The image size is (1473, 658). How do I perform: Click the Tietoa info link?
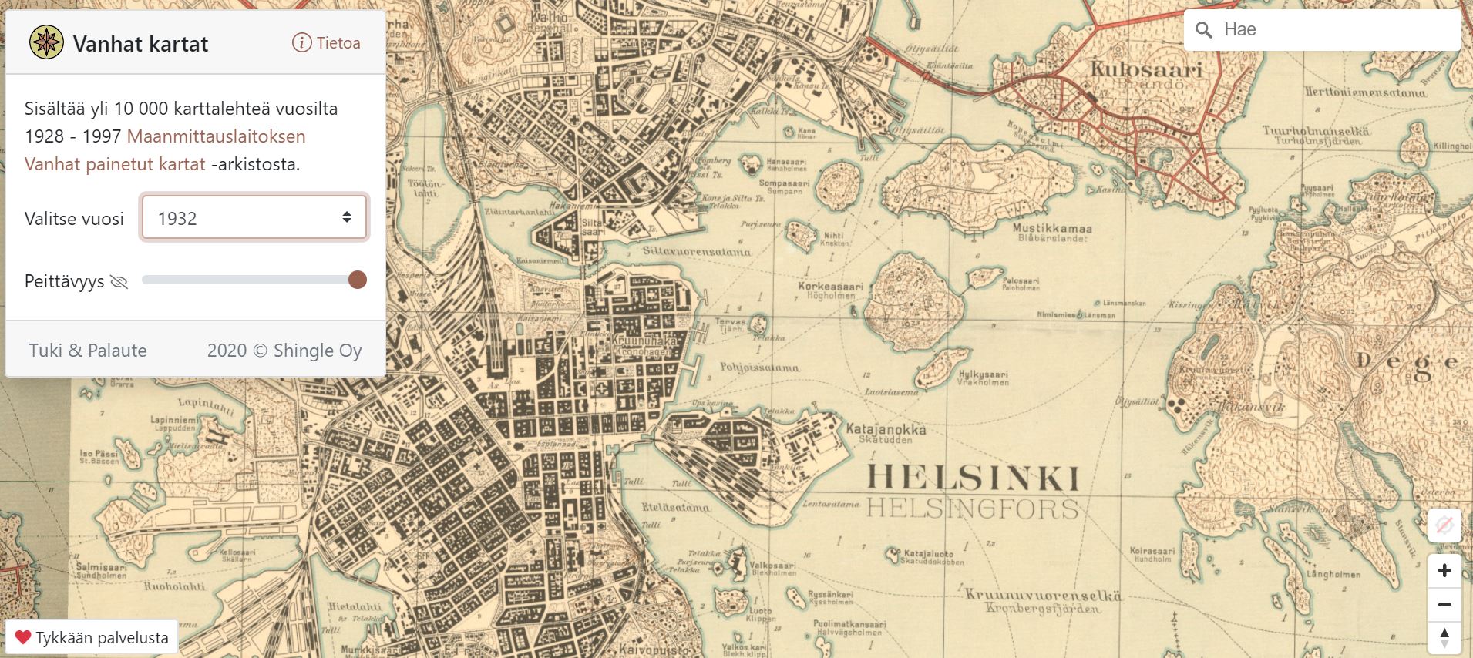(x=326, y=43)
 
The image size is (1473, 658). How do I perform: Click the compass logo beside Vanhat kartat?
(x=46, y=42)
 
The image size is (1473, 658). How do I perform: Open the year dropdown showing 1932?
(x=254, y=218)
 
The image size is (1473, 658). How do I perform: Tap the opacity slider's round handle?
(x=357, y=280)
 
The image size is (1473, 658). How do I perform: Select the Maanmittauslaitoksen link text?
(x=217, y=136)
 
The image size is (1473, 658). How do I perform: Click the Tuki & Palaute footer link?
(x=88, y=351)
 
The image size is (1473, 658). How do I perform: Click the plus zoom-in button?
(x=1444, y=571)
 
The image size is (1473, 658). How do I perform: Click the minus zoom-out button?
(x=1444, y=605)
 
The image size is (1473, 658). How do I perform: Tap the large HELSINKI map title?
(x=973, y=478)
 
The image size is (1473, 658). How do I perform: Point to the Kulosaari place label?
(x=1146, y=69)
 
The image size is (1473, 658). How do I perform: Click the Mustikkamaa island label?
(x=1052, y=229)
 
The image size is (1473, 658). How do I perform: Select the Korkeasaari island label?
(x=831, y=287)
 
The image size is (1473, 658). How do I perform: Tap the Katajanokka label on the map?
(x=886, y=429)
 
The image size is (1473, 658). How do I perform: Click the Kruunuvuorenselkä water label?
(x=1043, y=596)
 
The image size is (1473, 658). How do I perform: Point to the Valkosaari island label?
(x=773, y=566)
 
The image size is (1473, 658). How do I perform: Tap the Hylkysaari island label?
(x=983, y=374)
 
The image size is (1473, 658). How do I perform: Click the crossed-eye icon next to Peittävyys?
(x=119, y=282)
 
